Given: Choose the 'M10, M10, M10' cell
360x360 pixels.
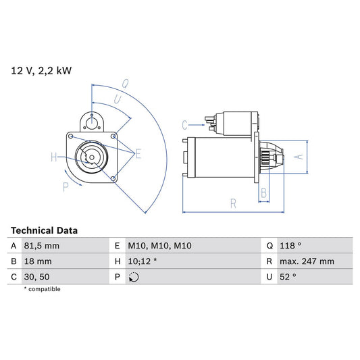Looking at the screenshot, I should coord(160,246).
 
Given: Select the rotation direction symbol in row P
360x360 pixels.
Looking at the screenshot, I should coord(133,277).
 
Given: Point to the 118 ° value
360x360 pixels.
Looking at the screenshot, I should coord(292,246).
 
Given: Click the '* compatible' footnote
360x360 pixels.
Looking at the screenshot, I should coord(42,289).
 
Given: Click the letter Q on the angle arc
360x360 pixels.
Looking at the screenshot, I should coord(126,84).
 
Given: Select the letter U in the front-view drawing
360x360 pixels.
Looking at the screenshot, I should coord(118,99).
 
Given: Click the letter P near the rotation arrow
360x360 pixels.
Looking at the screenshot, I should coord(66,187).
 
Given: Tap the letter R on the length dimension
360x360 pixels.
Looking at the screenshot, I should coord(232,202).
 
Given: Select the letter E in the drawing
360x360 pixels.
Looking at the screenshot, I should coord(138,155).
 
